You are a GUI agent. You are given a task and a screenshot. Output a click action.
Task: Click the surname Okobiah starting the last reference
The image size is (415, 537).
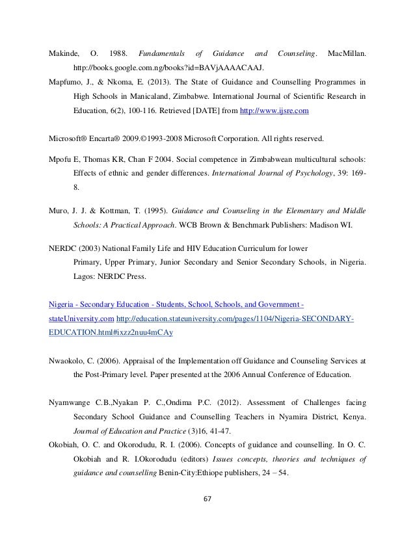click(66, 445)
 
